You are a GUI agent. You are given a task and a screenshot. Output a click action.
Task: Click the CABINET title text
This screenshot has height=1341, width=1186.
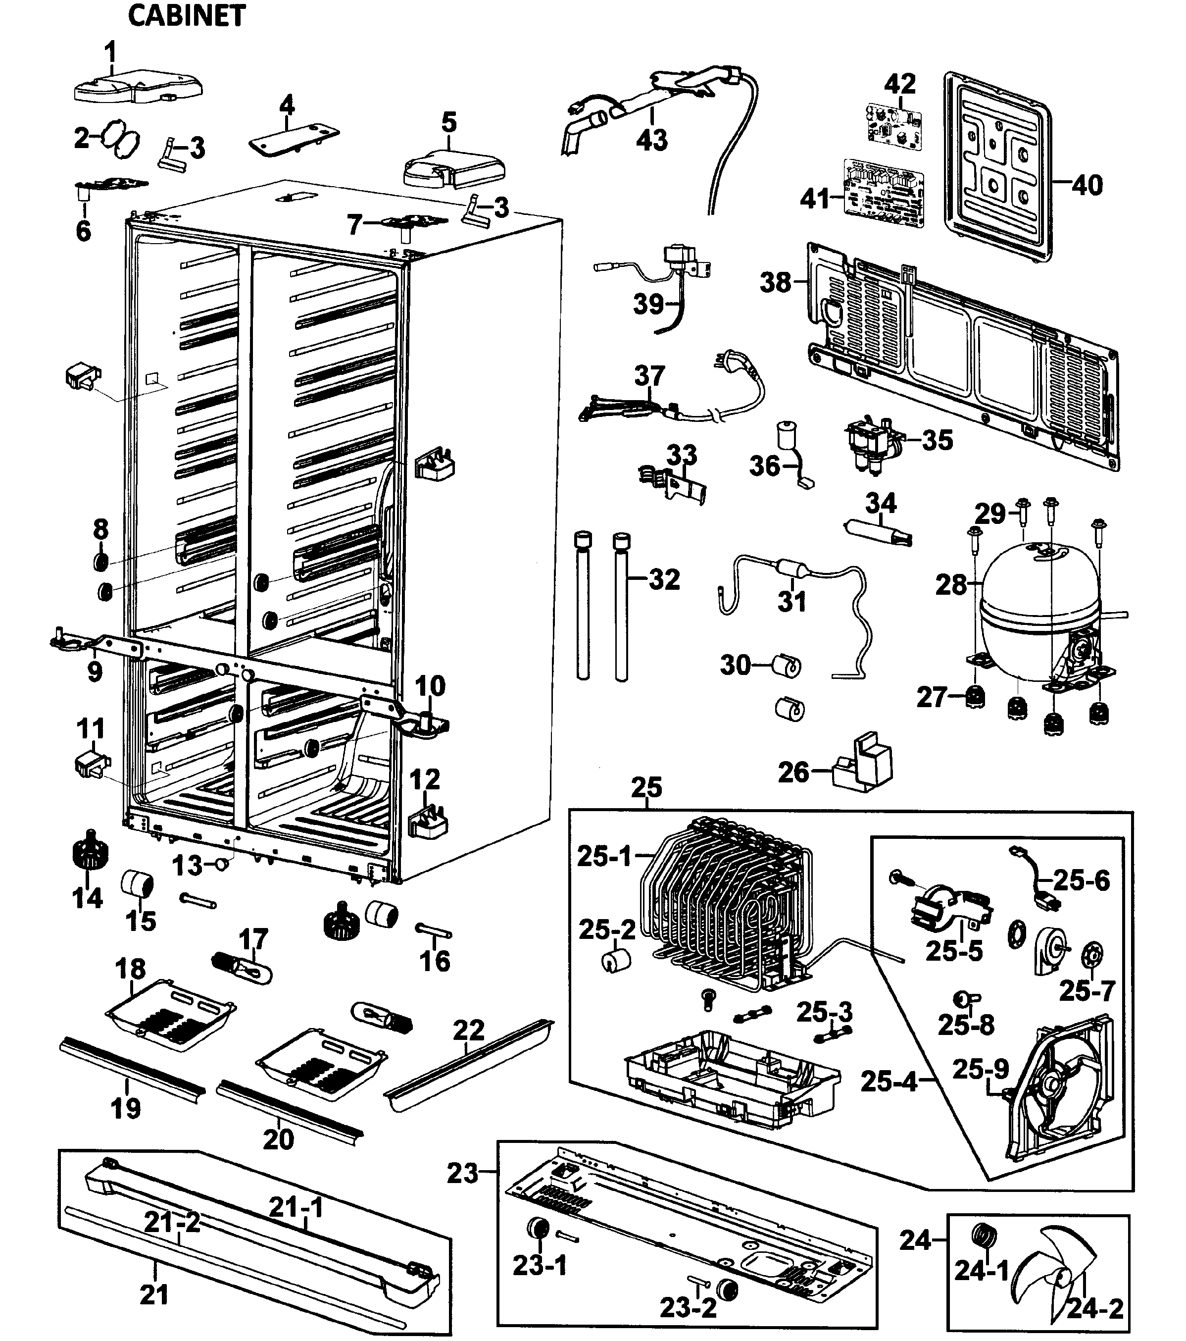coord(186,16)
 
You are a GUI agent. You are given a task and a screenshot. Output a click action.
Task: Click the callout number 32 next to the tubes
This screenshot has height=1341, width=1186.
coord(664,579)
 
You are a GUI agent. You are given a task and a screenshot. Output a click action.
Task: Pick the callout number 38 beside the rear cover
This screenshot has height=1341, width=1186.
coord(776,282)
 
